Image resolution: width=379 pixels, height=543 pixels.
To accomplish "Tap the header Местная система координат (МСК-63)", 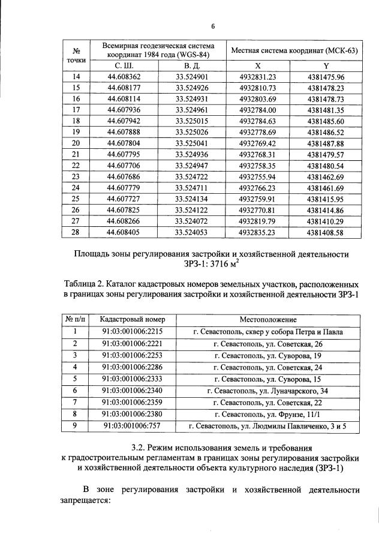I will coord(294,50).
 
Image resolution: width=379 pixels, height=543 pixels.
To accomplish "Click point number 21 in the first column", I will coord(76,155).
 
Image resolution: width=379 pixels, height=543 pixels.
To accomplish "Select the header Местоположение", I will coord(268,320).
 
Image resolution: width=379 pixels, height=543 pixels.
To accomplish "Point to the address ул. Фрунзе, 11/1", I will coord(286,414).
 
